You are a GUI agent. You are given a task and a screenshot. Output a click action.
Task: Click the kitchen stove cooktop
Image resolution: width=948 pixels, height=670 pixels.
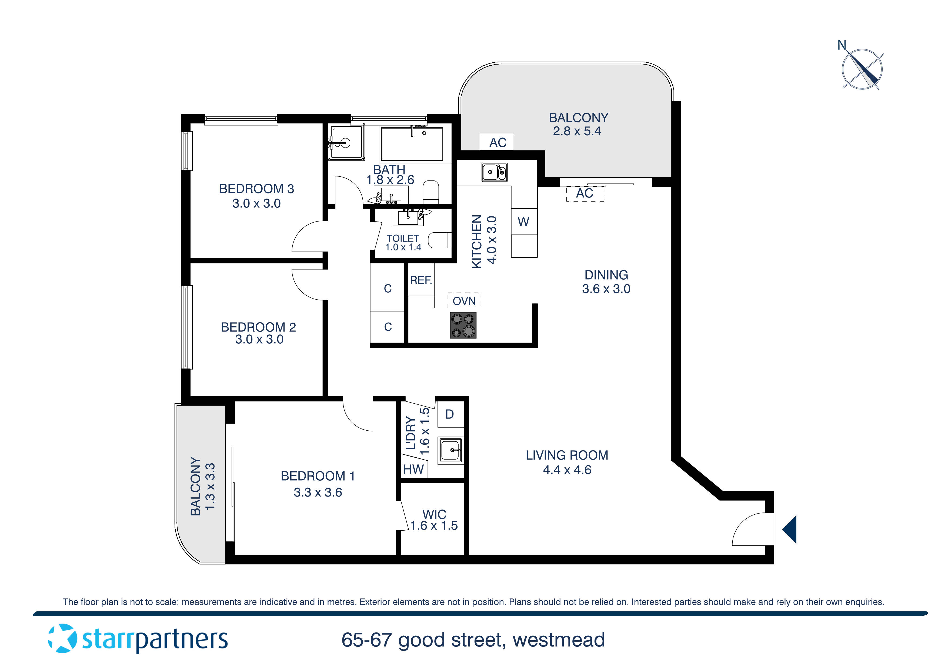pyautogui.click(x=463, y=325)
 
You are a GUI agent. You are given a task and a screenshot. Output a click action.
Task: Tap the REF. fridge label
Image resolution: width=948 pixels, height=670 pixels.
pyautogui.click(x=421, y=281)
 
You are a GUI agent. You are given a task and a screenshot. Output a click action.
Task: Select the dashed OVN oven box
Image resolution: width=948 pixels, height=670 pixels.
pyautogui.click(x=464, y=300)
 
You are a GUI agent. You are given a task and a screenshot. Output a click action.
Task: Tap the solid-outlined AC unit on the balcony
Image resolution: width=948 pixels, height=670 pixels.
pyautogui.click(x=496, y=142)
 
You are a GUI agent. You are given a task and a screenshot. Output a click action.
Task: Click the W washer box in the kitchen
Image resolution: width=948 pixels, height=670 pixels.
pyautogui.click(x=523, y=222)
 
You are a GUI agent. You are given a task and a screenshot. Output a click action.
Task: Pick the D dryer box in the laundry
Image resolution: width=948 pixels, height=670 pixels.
pyautogui.click(x=450, y=414)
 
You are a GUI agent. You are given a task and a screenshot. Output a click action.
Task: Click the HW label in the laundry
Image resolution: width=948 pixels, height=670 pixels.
pyautogui.click(x=413, y=469)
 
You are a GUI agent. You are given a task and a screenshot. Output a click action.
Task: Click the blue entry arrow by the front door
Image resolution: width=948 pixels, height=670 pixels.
pyautogui.click(x=790, y=529)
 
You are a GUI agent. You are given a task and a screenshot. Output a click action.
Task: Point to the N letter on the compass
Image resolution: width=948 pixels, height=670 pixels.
pyautogui.click(x=842, y=45)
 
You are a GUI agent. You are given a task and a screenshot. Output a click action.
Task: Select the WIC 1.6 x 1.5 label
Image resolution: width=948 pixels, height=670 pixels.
pyautogui.click(x=434, y=520)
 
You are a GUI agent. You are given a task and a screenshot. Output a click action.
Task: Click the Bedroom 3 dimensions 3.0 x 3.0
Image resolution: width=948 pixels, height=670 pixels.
pyautogui.click(x=256, y=203)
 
